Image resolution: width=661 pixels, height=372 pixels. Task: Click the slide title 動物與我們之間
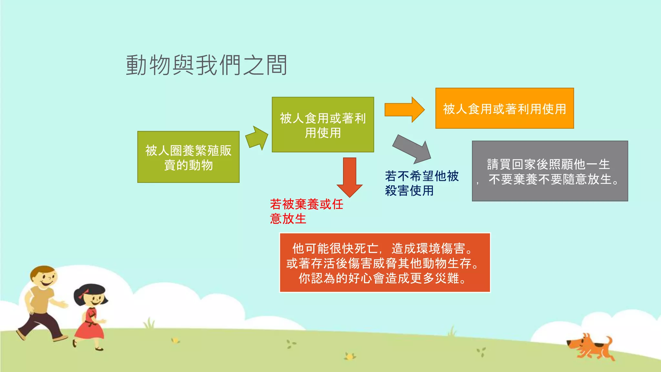[207, 65]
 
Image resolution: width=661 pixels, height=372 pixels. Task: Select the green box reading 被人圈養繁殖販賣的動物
[188, 157]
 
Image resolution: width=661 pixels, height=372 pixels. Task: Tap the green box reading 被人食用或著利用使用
[323, 125]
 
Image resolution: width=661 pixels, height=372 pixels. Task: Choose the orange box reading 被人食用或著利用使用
[504, 108]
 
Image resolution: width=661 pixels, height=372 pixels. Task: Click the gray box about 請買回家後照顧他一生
[550, 171]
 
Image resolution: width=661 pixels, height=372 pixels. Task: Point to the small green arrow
[257, 138]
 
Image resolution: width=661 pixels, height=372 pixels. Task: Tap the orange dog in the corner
[591, 347]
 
